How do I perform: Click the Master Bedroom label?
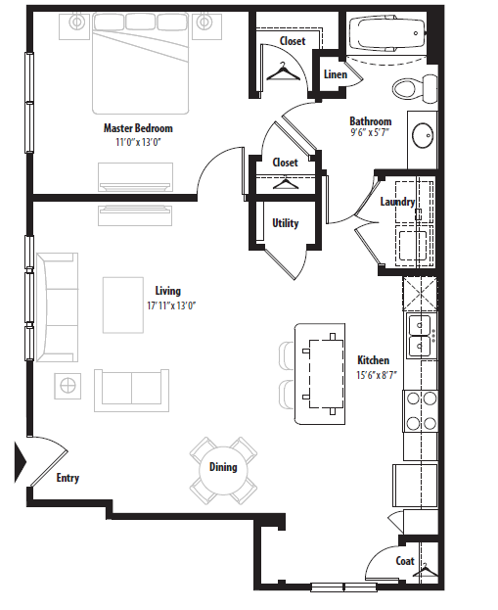[x=138, y=128]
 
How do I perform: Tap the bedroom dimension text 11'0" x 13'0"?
[x=138, y=142]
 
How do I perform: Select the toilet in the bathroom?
[x=415, y=88]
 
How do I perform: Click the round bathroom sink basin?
[x=423, y=135]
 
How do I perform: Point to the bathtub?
[x=386, y=35]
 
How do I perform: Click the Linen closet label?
[x=336, y=73]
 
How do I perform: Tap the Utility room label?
[x=286, y=223]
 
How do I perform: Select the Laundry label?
[x=397, y=202]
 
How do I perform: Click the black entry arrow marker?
[x=21, y=462]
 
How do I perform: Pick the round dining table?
[x=223, y=470]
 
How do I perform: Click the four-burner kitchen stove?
[x=421, y=410]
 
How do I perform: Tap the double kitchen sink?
[x=422, y=336]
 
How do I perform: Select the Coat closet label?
[x=405, y=561]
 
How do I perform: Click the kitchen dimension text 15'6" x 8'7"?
[x=377, y=375]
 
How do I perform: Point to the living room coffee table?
[x=123, y=305]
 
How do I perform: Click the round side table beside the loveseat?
[x=68, y=386]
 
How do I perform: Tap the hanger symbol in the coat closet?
[x=426, y=570]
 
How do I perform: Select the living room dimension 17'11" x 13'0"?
[x=171, y=305]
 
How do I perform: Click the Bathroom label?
[x=370, y=121]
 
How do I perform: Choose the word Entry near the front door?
[x=68, y=478]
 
